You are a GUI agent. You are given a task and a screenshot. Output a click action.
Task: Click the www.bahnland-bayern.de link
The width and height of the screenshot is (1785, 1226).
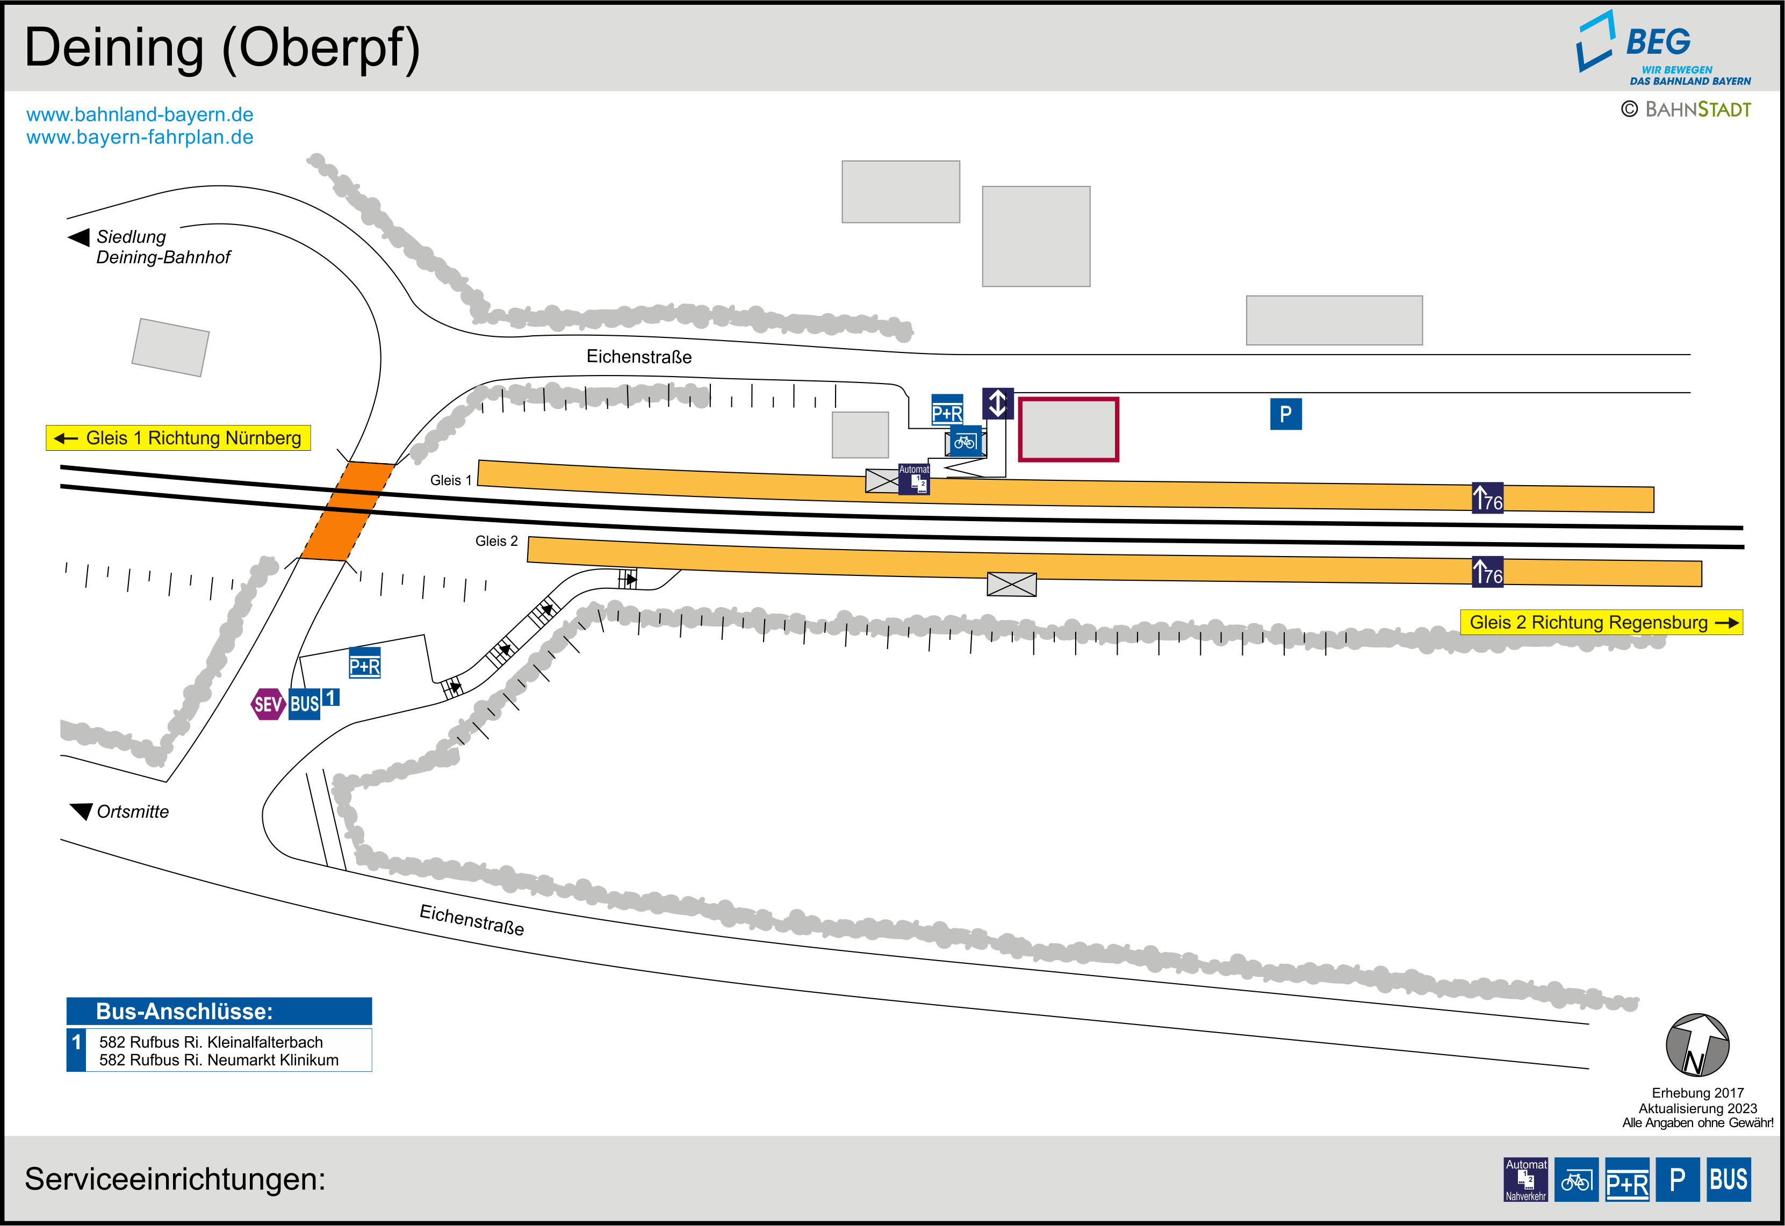click(140, 114)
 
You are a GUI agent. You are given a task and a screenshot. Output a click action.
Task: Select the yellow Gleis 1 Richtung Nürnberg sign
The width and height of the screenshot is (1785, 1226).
click(178, 438)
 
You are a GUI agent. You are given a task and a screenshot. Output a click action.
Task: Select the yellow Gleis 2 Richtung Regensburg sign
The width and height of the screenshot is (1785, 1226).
click(1601, 622)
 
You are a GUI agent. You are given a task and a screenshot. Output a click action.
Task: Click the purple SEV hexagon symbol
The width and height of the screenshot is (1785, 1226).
click(267, 704)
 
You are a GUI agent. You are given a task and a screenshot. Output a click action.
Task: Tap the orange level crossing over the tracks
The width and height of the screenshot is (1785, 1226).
click(347, 511)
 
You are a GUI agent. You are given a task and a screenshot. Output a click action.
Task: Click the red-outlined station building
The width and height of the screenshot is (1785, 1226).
click(1068, 429)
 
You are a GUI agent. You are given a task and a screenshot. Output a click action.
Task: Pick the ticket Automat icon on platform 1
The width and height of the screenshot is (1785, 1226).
click(914, 479)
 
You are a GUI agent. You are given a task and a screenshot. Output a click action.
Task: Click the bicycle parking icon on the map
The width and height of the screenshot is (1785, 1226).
click(965, 442)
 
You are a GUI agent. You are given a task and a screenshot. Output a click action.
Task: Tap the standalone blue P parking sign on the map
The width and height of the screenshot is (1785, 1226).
click(1286, 414)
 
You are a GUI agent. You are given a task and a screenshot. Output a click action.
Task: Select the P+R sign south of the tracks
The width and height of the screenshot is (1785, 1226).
click(365, 665)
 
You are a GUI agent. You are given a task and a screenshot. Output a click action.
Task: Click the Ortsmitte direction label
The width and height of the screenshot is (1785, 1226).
click(132, 812)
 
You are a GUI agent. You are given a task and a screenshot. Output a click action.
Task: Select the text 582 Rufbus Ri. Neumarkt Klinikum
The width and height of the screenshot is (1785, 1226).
click(219, 1060)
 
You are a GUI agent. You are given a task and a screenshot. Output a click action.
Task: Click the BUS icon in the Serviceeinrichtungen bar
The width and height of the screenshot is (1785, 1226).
click(1728, 1179)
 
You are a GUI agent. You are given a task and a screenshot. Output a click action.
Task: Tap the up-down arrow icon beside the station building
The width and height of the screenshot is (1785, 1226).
click(997, 403)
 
